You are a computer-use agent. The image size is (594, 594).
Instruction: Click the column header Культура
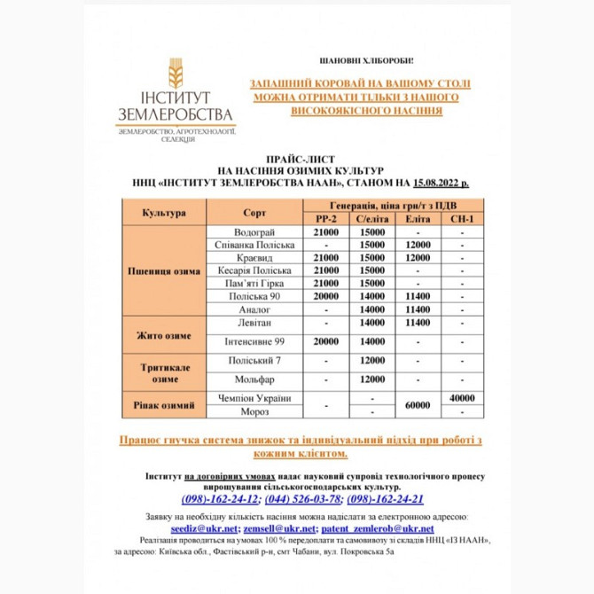coord(163,212)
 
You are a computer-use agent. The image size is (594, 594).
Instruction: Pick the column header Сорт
coord(254,212)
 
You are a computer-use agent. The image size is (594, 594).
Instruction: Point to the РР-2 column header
coord(327,218)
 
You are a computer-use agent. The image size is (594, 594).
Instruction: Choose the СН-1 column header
coord(462,218)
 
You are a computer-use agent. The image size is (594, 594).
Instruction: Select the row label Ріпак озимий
coord(163,405)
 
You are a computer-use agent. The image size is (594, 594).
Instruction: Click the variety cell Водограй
coord(254,231)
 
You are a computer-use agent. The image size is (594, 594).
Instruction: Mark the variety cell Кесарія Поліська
coord(254,270)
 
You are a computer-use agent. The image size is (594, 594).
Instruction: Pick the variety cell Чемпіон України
coord(254,398)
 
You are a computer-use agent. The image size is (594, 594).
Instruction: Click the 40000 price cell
coord(462,398)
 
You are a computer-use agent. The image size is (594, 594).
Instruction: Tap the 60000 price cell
coord(418,405)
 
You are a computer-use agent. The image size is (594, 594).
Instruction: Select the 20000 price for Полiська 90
coord(327,296)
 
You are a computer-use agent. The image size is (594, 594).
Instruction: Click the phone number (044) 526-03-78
coord(303,499)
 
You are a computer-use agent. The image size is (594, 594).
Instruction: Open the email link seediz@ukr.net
coord(209,527)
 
